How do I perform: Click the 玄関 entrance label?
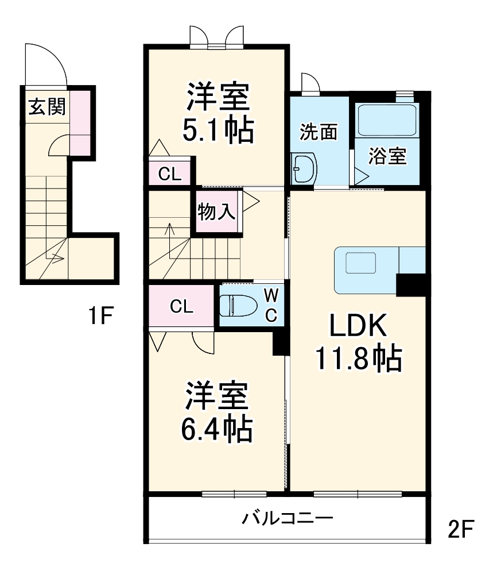coord(47,106)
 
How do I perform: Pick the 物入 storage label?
coord(216,212)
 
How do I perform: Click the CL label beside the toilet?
coord(181,307)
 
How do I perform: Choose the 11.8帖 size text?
coord(358,359)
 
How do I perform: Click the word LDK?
coord(359,327)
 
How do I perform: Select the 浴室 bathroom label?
coord(387,156)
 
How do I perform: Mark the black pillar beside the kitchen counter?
coord(411,285)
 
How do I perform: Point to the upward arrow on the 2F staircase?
coord(170,233)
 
